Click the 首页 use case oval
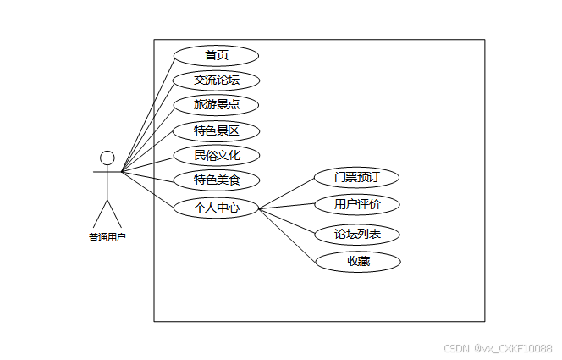(x=216, y=56)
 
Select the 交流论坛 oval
(x=216, y=80)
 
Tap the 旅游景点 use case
(x=216, y=105)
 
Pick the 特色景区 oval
(x=216, y=130)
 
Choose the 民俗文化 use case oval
(x=216, y=155)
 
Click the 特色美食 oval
(x=216, y=180)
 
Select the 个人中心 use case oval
(x=216, y=207)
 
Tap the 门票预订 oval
(x=356, y=177)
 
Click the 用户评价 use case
(x=356, y=204)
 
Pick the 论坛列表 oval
(x=356, y=234)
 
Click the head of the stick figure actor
(x=107, y=158)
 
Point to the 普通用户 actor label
(x=107, y=237)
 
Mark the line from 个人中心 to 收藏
(x=288, y=235)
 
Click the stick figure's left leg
(x=101, y=213)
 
